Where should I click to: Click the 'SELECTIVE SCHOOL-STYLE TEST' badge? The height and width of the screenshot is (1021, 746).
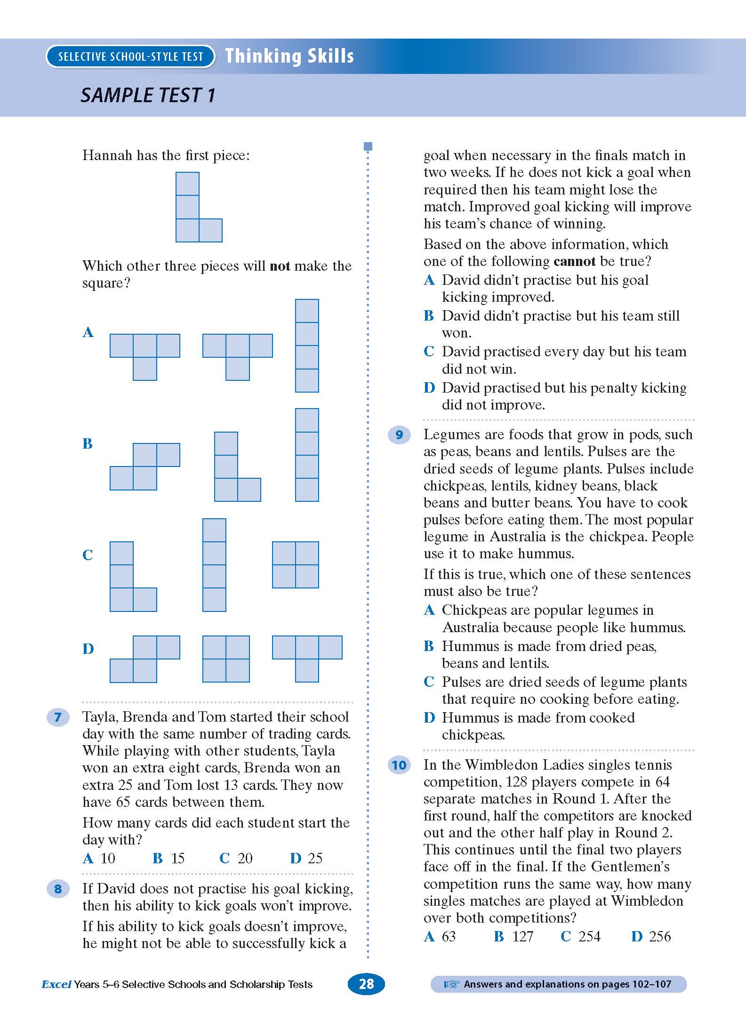point(130,56)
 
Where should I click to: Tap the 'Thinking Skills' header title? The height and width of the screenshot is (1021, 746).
point(289,56)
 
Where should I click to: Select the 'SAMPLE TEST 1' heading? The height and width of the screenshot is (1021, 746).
point(148,96)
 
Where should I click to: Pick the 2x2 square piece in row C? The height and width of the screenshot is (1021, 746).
point(296,565)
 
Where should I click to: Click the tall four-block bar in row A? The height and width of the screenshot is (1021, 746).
point(307,346)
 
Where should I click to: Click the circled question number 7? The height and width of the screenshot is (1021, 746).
point(58,717)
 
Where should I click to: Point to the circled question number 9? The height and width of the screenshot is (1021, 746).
point(399,434)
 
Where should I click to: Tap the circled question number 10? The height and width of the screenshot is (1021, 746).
point(399,765)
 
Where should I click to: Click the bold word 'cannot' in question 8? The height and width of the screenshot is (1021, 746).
point(574,261)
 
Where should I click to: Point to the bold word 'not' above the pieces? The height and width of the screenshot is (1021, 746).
point(280,266)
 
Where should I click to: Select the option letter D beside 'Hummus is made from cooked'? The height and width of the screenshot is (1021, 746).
point(429,718)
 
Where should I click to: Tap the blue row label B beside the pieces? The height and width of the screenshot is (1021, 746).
point(88,443)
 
